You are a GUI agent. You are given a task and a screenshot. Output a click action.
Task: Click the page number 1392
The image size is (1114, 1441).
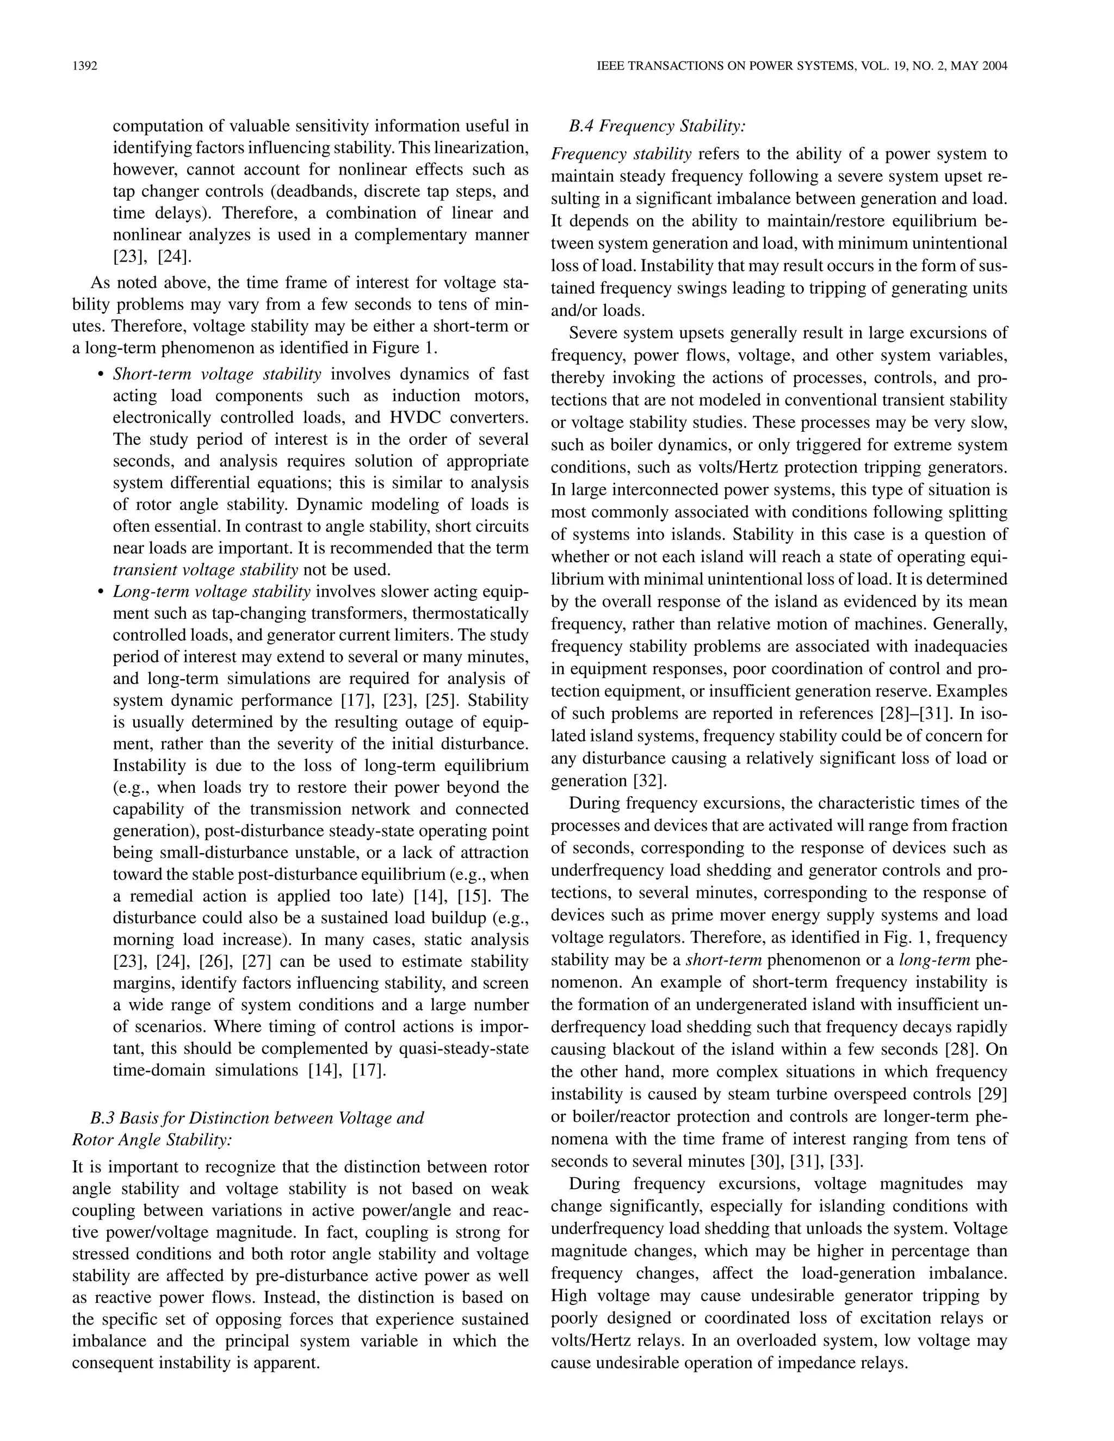(x=84, y=66)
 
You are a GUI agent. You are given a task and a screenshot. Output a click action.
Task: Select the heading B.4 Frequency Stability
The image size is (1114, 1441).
(x=657, y=126)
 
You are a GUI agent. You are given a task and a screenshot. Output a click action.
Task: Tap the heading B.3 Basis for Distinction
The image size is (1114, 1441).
(x=257, y=1117)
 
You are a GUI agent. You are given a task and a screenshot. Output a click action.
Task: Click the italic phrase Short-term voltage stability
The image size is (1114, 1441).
(x=217, y=374)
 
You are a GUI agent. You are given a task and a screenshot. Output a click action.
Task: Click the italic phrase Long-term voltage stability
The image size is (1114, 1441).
(x=211, y=591)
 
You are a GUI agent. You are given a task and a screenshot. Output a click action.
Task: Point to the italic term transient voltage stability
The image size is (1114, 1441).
(x=205, y=569)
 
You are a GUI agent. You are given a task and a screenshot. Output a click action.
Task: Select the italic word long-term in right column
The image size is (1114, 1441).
(x=934, y=959)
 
